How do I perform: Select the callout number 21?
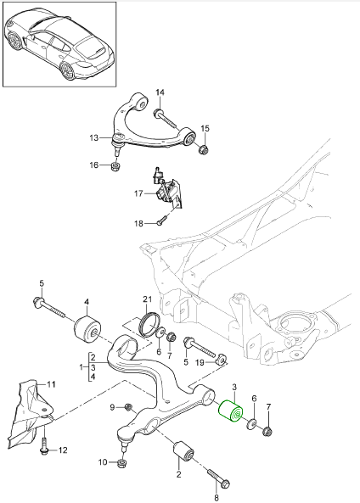(x=147, y=299)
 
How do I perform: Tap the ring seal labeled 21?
(x=150, y=325)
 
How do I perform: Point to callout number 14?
(x=160, y=92)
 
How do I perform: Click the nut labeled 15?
(x=204, y=149)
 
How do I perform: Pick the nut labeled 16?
(x=115, y=166)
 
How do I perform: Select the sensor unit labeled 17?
(x=166, y=188)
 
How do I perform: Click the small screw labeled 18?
(x=161, y=221)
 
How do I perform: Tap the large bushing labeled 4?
(x=87, y=331)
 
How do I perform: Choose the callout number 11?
(x=52, y=384)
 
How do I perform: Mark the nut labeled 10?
(x=122, y=462)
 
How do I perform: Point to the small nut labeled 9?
(x=129, y=407)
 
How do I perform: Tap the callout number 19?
(x=200, y=362)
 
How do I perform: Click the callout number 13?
(x=93, y=138)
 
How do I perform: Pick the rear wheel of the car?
(x=67, y=70)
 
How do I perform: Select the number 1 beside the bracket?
(x=82, y=366)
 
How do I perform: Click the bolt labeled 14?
(x=166, y=119)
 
